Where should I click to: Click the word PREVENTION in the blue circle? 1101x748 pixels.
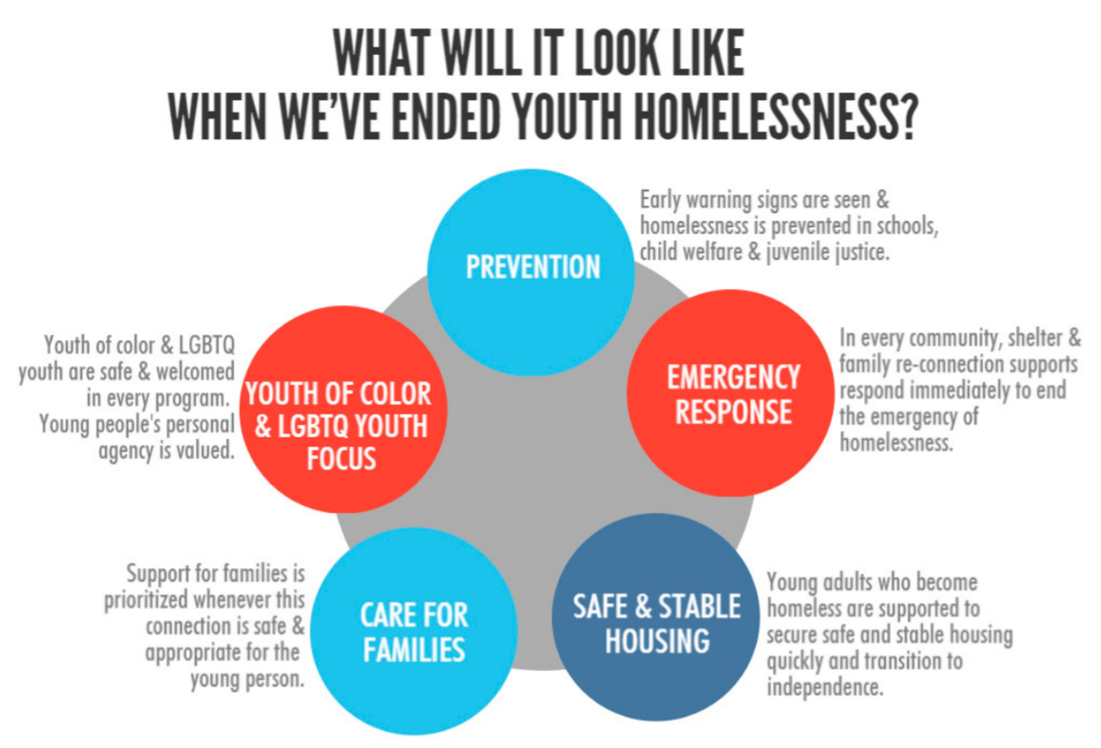point(533,267)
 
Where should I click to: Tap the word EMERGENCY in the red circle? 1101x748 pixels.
point(734,378)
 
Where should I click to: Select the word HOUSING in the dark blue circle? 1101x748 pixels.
point(657,642)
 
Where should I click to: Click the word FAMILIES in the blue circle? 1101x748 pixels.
point(414,650)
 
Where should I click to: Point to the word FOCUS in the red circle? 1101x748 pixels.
point(341,459)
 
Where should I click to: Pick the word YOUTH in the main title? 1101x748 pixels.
point(567,116)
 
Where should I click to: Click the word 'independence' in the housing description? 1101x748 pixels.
point(825,687)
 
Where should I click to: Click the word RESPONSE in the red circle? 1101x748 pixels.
point(734,412)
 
